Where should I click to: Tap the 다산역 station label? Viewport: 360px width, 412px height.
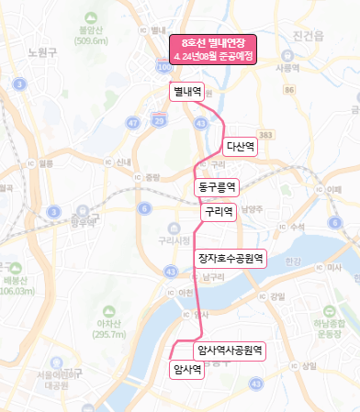241,145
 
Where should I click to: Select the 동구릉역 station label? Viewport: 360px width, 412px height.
218,186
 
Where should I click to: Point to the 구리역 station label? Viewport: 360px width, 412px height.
218,211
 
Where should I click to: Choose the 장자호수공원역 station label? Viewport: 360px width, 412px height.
231,258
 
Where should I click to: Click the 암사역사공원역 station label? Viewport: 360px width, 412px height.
231,350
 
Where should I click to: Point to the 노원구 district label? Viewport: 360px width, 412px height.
43,51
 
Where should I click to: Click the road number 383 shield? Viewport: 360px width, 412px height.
266,135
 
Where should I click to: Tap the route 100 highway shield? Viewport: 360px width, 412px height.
164,68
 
